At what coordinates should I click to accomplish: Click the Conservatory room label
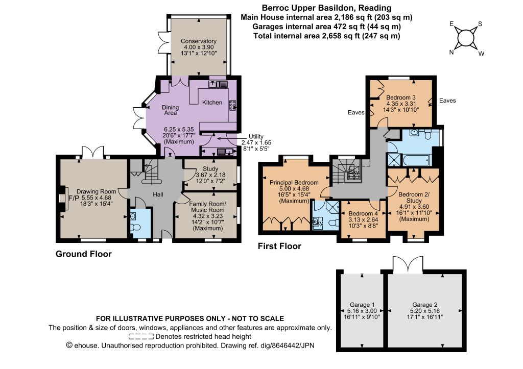point(199,41)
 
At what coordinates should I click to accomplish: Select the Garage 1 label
point(362,305)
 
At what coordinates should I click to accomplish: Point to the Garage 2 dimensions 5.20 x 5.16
point(424,311)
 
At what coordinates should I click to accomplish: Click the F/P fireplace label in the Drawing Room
point(74,198)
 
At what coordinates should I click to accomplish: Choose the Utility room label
point(256,136)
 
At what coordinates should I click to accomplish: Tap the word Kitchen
point(212,103)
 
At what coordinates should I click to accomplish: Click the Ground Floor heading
point(83,254)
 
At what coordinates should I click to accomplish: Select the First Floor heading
point(279,247)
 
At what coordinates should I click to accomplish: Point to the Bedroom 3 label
point(400,97)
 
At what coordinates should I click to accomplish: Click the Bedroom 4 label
point(363,213)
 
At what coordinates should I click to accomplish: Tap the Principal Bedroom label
point(294,182)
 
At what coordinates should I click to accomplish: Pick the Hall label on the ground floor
point(158,194)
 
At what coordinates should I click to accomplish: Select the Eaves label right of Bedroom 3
point(447,101)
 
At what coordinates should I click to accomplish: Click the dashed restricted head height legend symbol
point(141,337)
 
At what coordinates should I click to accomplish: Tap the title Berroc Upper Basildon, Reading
point(326,8)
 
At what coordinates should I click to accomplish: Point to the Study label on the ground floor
point(210,168)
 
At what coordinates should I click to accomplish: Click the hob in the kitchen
point(232,105)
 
